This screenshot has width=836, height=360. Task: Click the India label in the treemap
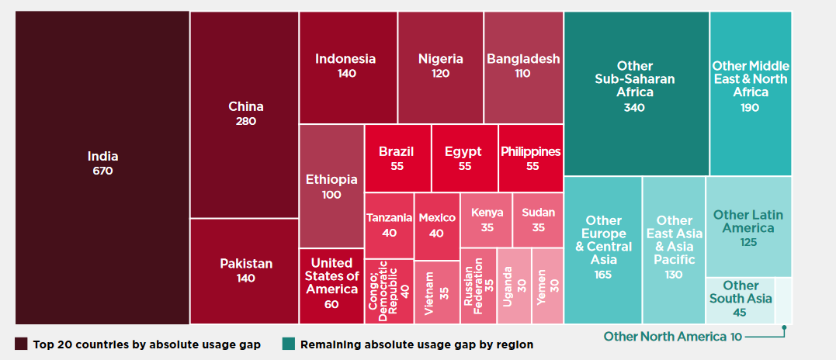point(103,157)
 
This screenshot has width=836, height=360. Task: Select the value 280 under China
point(246,121)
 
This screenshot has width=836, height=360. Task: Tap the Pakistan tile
point(245,271)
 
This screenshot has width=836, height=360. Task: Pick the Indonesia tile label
point(345,59)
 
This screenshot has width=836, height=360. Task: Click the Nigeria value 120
point(440,74)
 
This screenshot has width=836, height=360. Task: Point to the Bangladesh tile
point(523,67)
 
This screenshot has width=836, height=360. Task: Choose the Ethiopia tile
point(331,186)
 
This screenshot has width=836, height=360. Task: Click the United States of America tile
point(331,286)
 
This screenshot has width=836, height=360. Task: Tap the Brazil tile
point(397,158)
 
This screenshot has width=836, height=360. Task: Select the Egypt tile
point(464,158)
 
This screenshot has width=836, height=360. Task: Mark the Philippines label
point(530,152)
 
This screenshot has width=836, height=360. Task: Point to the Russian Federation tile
point(478,286)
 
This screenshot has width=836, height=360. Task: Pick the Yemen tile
point(547,286)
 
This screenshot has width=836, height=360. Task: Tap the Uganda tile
point(514,286)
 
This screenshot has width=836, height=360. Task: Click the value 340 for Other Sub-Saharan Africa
point(634,108)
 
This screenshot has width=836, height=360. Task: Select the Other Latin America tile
point(748,227)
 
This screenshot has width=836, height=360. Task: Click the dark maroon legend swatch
point(21,344)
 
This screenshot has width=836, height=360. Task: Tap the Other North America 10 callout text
point(672,337)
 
